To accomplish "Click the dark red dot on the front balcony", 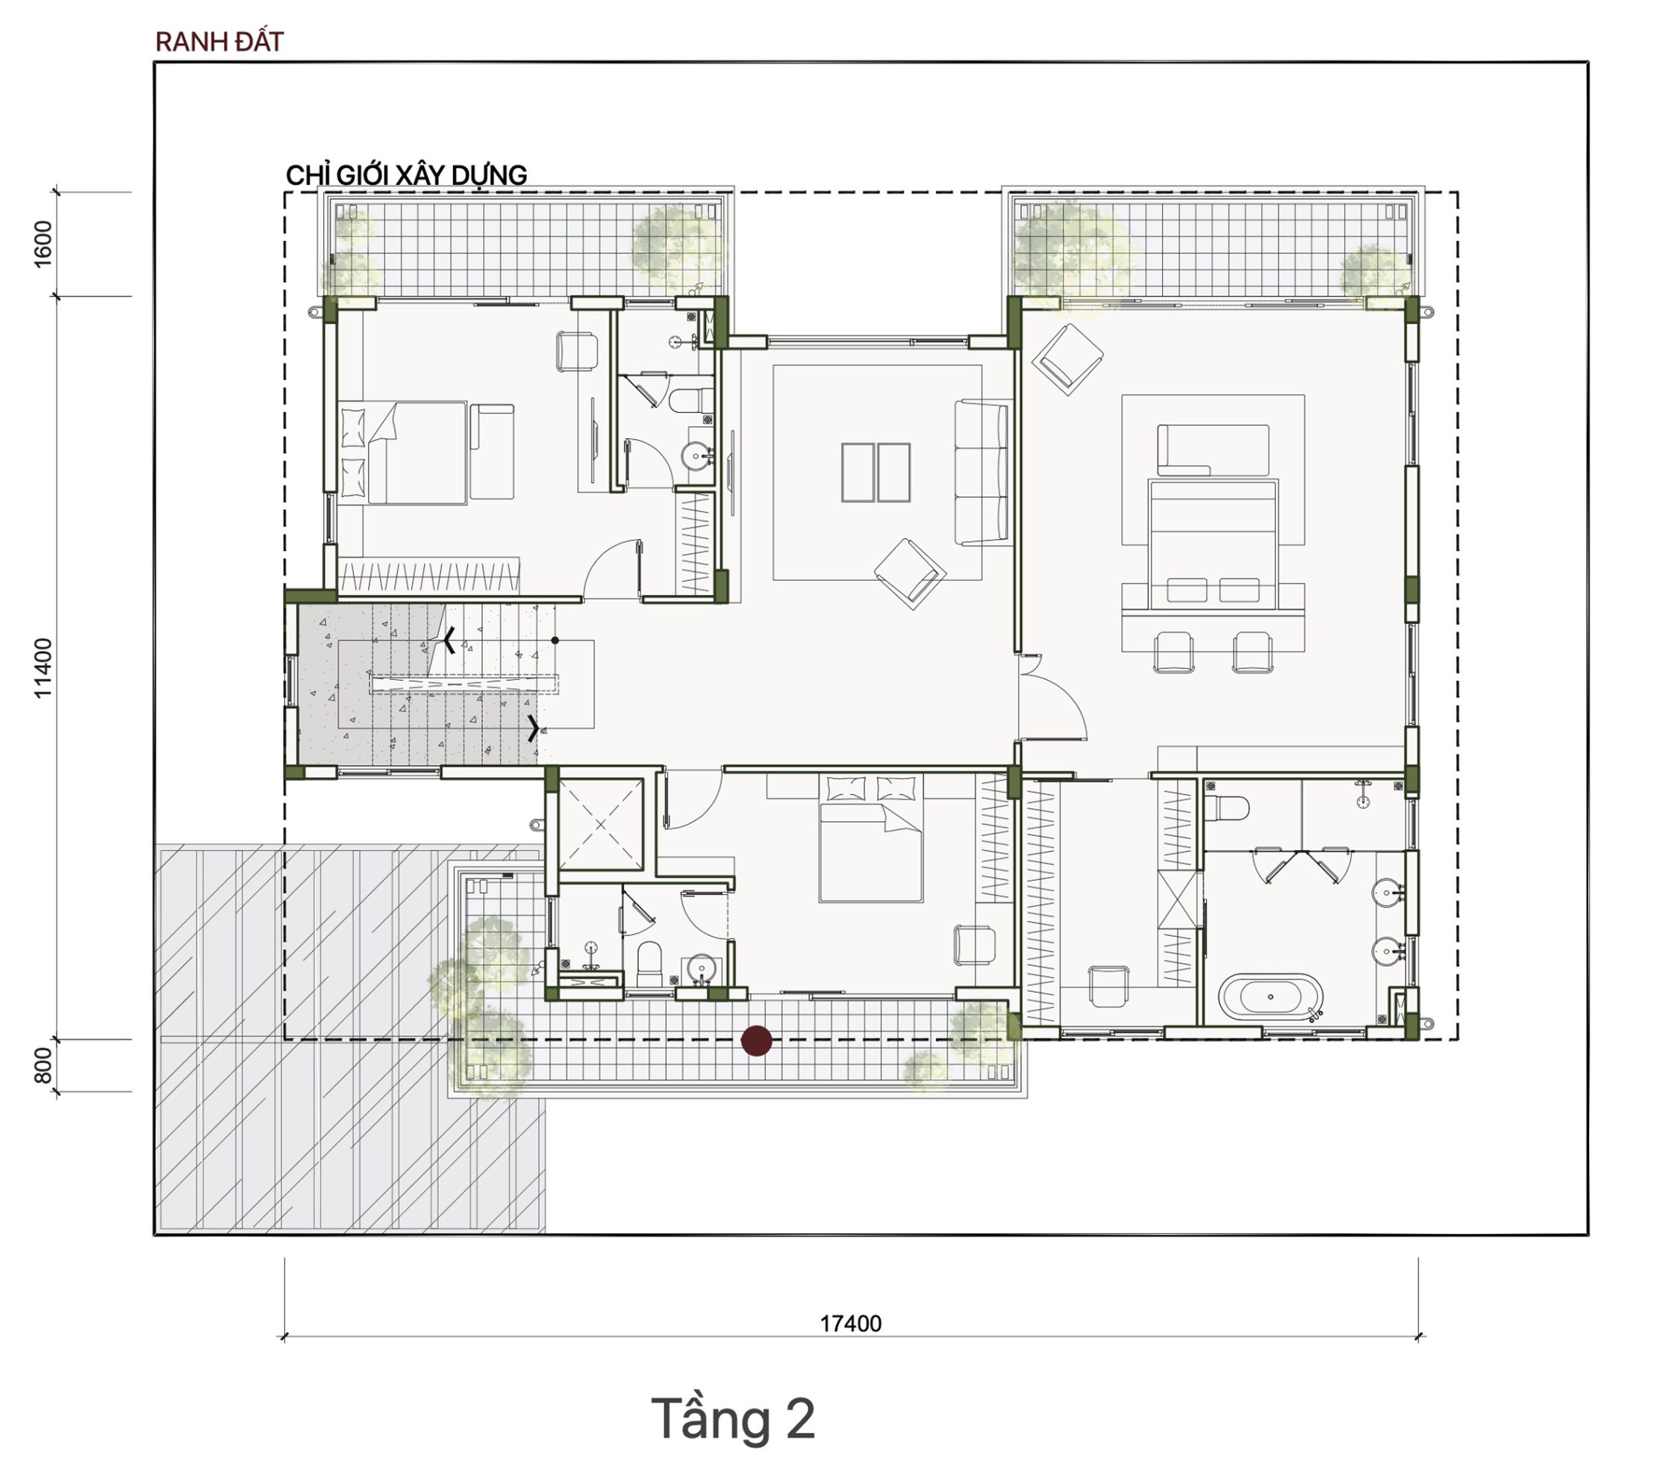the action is click(758, 1041).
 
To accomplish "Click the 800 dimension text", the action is click(43, 1066).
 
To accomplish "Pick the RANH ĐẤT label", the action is click(219, 43).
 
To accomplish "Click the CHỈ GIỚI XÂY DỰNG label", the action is click(406, 175).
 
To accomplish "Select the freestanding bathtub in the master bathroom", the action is click(1270, 997).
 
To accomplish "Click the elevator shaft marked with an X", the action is click(601, 824).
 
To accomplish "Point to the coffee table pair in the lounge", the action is click(876, 472).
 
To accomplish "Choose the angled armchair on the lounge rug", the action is click(910, 573).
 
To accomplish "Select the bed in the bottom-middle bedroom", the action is click(870, 838).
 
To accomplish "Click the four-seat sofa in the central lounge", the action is click(982, 472).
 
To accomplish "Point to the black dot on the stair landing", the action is click(555, 640).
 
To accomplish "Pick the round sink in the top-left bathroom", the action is click(697, 457).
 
